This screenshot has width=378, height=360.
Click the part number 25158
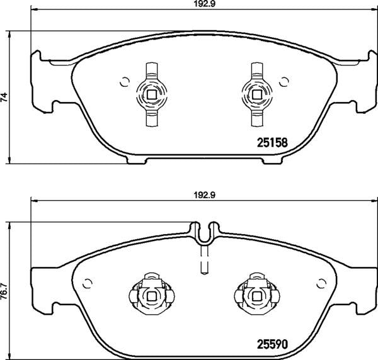[x=273, y=142]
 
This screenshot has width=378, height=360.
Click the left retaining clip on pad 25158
[x=151, y=95]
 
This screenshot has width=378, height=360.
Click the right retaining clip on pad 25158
[x=256, y=95]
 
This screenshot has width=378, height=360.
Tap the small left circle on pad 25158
[x=124, y=81]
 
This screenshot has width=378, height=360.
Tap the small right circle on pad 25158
[x=284, y=81]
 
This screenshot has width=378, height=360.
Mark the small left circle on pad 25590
[x=89, y=281]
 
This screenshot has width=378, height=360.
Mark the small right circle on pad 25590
[x=319, y=281]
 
